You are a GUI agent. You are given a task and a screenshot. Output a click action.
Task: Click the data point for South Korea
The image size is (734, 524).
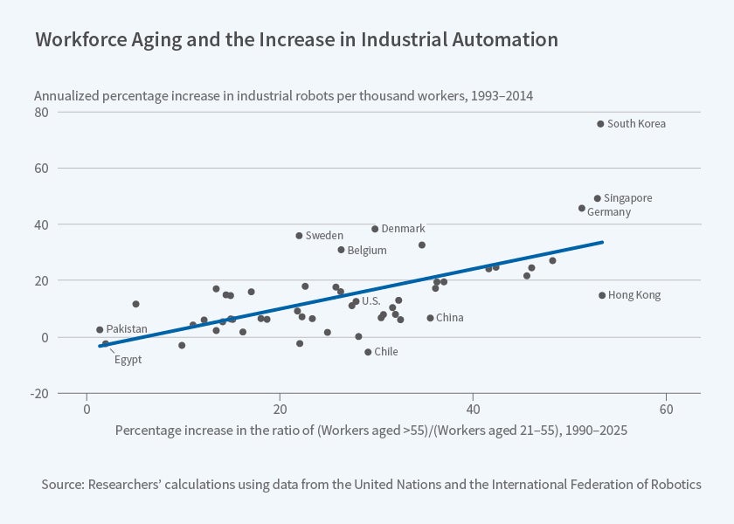(x=600, y=124)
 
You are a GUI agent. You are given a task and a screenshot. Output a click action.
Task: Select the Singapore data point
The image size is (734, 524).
(x=598, y=198)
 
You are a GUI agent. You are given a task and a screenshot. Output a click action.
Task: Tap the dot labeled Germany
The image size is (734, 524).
(x=582, y=208)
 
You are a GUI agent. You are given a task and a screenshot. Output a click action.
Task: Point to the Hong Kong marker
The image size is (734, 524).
(x=602, y=295)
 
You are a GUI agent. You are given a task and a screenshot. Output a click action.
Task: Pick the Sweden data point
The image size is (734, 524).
(x=299, y=236)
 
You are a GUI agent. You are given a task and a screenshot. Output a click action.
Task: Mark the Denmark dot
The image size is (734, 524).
(x=375, y=229)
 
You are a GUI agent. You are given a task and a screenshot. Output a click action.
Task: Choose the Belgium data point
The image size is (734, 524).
(x=341, y=250)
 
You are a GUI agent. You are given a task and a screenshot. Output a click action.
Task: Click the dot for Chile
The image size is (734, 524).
(x=368, y=352)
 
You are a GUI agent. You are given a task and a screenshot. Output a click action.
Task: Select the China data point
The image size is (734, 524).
(x=430, y=318)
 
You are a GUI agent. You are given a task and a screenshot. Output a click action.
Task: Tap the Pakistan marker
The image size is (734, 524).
(x=100, y=329)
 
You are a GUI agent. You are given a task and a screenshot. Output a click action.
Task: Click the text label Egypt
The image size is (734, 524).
(x=128, y=359)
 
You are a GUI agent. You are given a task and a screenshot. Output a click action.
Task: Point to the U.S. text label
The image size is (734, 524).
(x=370, y=301)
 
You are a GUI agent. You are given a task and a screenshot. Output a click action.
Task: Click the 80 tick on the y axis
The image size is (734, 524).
(x=42, y=112)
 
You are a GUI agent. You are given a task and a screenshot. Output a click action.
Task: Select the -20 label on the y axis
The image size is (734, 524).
(x=40, y=393)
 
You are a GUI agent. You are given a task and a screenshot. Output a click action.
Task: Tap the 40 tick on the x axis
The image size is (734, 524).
(x=472, y=410)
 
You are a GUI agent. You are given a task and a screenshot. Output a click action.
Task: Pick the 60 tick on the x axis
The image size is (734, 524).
(x=665, y=410)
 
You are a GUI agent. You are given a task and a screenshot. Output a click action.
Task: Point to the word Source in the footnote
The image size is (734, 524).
(x=60, y=484)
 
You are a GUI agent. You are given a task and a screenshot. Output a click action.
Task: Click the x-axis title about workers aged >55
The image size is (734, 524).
(x=370, y=431)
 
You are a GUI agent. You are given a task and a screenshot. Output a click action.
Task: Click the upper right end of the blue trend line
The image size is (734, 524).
(x=602, y=243)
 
